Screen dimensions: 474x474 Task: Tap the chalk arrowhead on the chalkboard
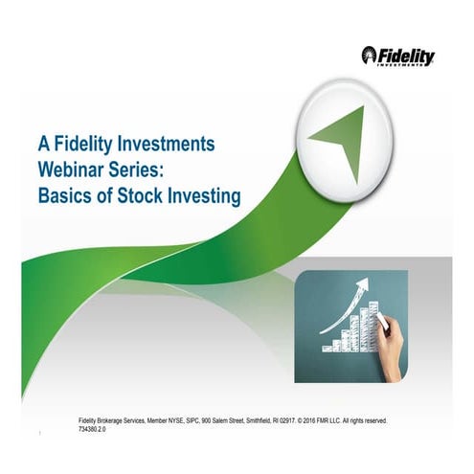point(363,283)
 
